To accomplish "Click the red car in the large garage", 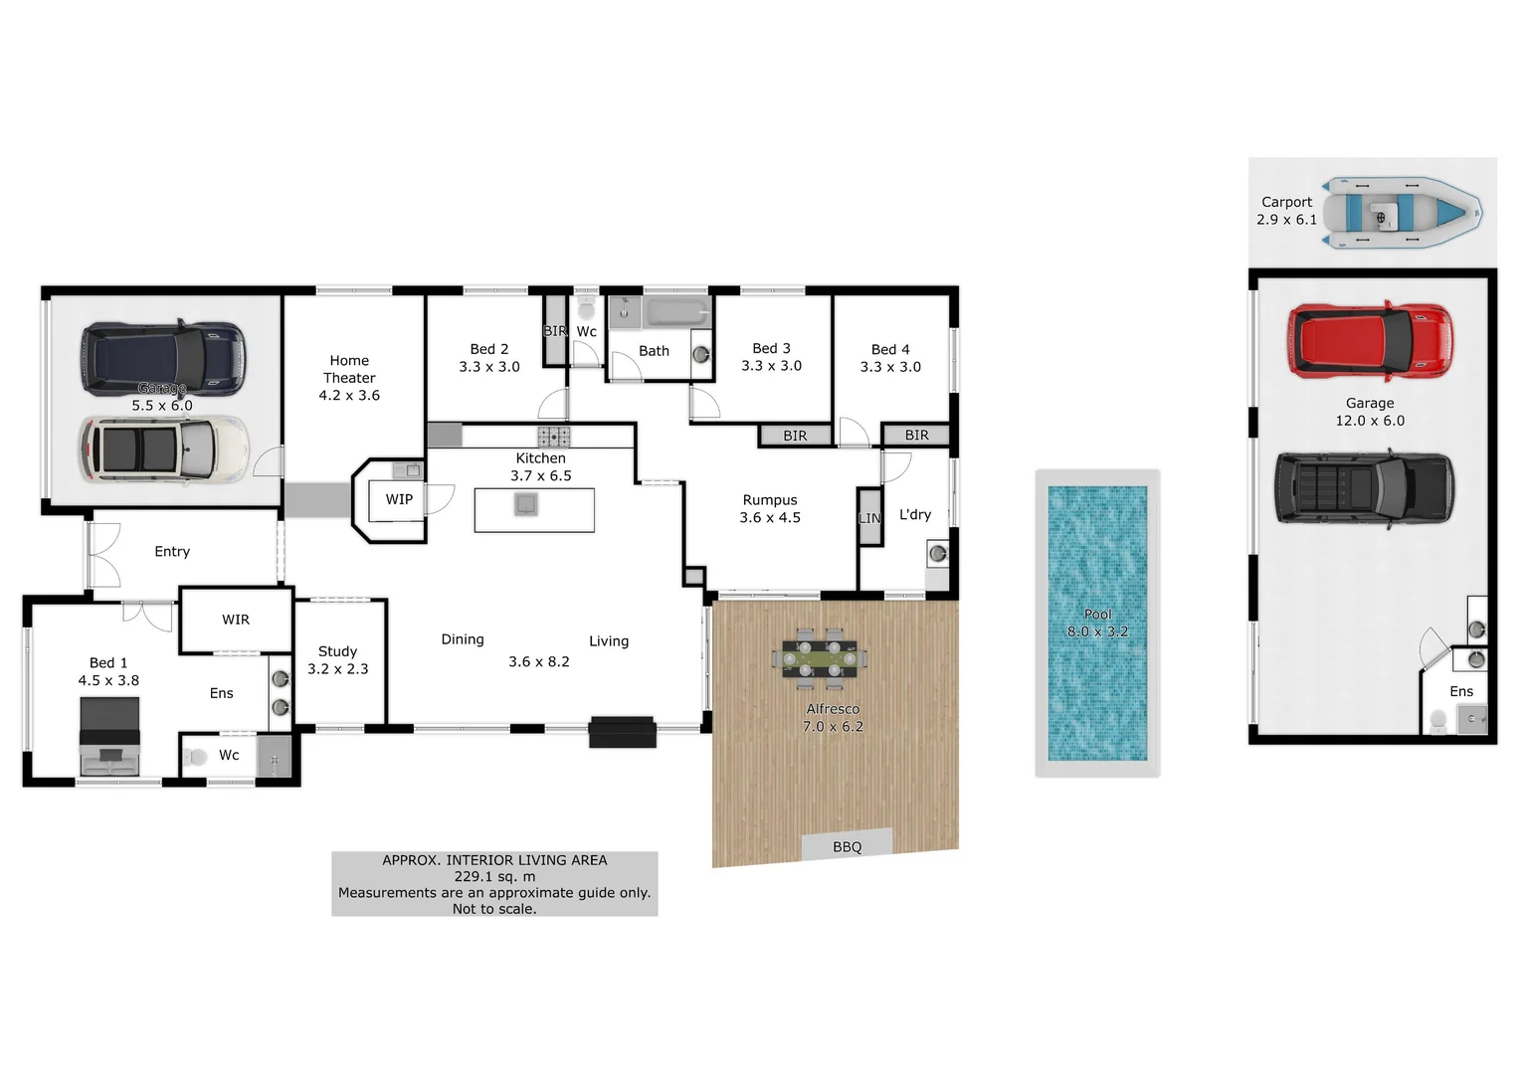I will coord(1369,341).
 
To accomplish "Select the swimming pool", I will coord(1097,623).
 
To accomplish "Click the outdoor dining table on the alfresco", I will coord(820,658).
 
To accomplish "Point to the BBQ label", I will coord(847,846).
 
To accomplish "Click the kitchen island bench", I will coord(534,510).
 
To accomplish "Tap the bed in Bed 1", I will coord(109,737).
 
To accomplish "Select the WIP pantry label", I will coord(399,499).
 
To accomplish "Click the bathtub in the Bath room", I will coord(676,312).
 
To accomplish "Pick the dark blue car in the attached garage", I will coord(162,357).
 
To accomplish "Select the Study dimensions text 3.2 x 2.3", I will coord(338,669).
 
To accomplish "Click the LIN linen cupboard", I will coord(869,518).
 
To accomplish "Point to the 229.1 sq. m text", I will coord(494,876).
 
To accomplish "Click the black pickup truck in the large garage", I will coord(1364,488).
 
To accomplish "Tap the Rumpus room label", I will coord(770,500).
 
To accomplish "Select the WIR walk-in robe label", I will coord(236,620).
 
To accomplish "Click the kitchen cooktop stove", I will coord(554,436).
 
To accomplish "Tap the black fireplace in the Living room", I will coord(622,732).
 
